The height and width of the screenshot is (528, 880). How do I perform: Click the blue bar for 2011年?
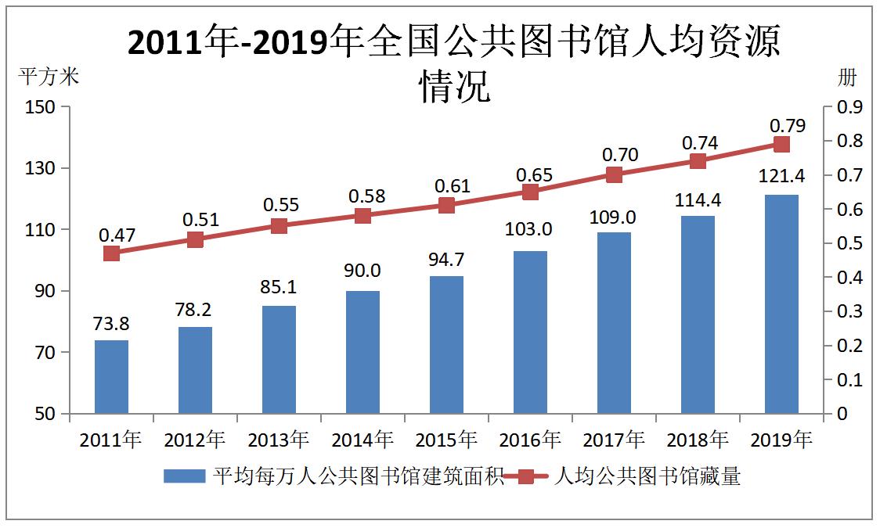tap(111, 377)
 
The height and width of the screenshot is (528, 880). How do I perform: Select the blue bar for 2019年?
tap(781, 304)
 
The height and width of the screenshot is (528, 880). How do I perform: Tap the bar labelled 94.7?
tap(446, 345)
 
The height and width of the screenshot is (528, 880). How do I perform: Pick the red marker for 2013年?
tap(279, 226)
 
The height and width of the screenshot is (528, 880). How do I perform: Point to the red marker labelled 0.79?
tap(781, 144)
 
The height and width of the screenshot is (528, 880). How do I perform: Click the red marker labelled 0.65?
tap(530, 192)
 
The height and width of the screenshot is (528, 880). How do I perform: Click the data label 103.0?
tap(530, 229)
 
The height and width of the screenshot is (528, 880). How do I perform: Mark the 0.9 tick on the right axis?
tap(849, 107)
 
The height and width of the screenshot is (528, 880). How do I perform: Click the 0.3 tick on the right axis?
tap(849, 311)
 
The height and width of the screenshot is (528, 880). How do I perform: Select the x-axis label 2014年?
tap(362, 440)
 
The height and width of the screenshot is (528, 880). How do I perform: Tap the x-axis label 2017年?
tap(614, 440)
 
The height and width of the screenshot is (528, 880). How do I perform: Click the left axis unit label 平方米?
tap(49, 77)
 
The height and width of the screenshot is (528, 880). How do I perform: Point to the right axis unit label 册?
tap(847, 77)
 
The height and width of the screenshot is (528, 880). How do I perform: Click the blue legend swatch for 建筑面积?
tap(182, 476)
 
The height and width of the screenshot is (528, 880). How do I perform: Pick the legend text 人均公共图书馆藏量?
tap(647, 476)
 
